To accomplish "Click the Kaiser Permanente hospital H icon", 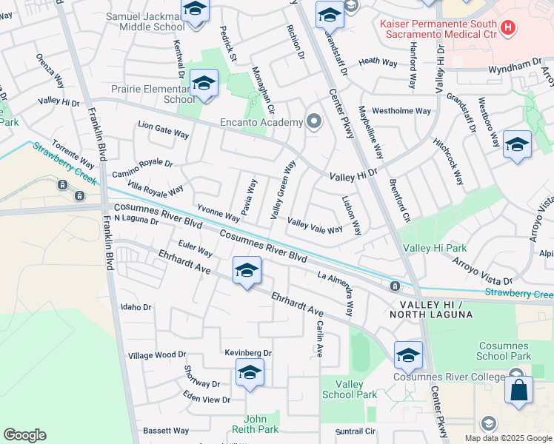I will [x=508, y=29].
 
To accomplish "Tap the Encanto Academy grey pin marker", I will [x=314, y=121].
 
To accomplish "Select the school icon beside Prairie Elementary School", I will [x=204, y=84].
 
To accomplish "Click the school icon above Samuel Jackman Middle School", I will [x=195, y=10].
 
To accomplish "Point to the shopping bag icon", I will [x=518, y=390].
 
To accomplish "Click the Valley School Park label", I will [x=350, y=389].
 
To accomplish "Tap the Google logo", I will [x=24, y=435].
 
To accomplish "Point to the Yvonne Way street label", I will [x=218, y=213].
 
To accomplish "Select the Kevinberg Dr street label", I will [x=248, y=354].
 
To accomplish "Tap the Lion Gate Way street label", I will [x=164, y=131].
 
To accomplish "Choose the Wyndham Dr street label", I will [x=515, y=67].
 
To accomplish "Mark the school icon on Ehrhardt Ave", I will [x=247, y=270].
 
